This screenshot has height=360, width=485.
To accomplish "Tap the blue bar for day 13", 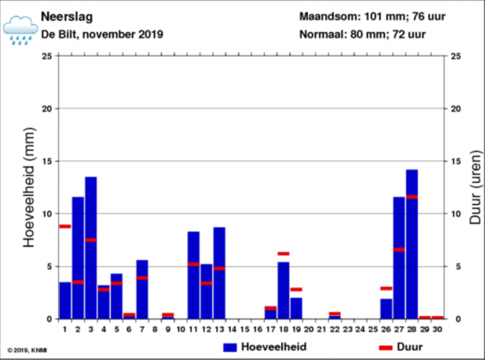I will (219, 272).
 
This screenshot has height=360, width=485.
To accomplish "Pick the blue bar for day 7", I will (142, 289).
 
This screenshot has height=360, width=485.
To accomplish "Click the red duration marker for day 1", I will (65, 226).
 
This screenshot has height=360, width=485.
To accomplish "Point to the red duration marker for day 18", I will (284, 253).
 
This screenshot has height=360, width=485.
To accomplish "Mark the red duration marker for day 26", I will (386, 288).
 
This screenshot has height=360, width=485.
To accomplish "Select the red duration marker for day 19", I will (296, 289).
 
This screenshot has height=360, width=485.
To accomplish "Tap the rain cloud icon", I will (20, 29).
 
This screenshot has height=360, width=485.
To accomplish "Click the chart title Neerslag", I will (66, 16).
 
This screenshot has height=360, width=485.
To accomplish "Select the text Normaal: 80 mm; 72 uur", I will (362, 34).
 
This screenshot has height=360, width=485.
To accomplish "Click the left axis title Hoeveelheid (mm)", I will (28, 188).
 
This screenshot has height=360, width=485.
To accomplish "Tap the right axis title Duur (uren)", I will (475, 188).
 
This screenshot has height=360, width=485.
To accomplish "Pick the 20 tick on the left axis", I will (47, 109).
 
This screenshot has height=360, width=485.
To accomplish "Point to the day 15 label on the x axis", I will (244, 328).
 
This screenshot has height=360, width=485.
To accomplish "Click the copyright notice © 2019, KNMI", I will (27, 350).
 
